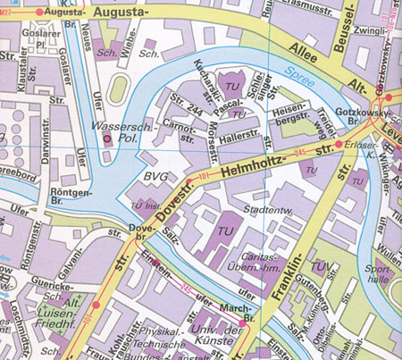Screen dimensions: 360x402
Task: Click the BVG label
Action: [x=155, y=178]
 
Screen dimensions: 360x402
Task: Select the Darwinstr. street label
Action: [x=41, y=150]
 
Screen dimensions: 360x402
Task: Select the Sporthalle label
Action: [x=379, y=272]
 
